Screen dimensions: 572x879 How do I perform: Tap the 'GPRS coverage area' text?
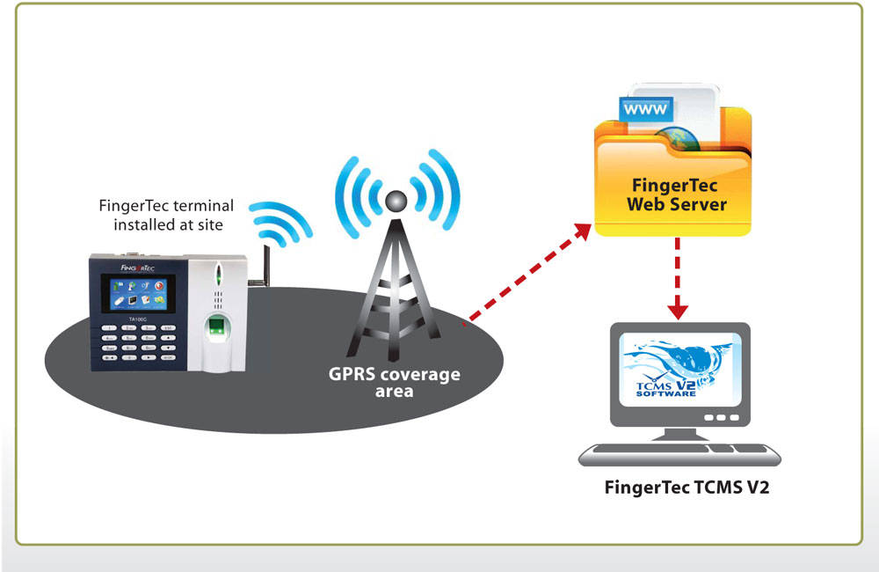(x=394, y=382)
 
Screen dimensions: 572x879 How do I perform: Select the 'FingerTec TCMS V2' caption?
(x=686, y=488)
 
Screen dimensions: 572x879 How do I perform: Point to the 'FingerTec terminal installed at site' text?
(x=167, y=215)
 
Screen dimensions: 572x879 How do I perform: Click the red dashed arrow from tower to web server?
(x=527, y=273)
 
